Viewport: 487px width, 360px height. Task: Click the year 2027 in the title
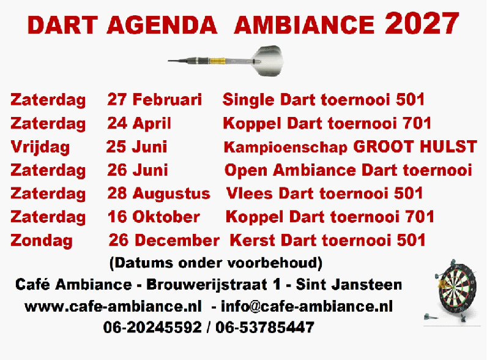(422, 23)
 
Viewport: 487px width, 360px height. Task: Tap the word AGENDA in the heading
(162, 25)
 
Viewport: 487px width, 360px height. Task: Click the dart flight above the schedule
(268, 61)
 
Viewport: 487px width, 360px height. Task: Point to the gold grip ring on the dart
(217, 61)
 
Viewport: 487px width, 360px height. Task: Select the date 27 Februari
(154, 99)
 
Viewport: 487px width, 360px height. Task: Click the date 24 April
(139, 123)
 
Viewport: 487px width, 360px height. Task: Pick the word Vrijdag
(40, 147)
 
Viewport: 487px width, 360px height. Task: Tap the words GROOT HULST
(415, 146)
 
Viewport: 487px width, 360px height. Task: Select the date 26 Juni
(137, 170)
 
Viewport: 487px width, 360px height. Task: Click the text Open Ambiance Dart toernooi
(348, 170)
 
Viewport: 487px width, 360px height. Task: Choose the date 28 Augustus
(158, 193)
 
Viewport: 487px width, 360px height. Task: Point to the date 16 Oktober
(154, 217)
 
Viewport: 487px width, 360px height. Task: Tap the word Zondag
(42, 241)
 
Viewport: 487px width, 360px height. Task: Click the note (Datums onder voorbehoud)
(216, 263)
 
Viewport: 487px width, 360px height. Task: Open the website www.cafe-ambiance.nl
(113, 307)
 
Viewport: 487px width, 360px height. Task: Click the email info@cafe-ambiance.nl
(307, 306)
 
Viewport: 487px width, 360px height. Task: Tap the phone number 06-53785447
(265, 328)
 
